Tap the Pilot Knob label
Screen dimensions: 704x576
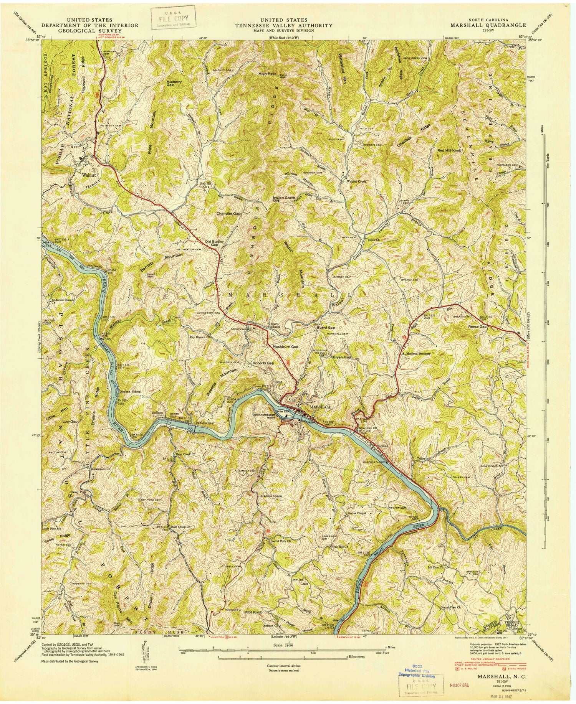(x=253, y=613)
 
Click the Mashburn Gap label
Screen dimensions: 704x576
(x=285, y=346)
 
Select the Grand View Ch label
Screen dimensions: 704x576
(x=452, y=607)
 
